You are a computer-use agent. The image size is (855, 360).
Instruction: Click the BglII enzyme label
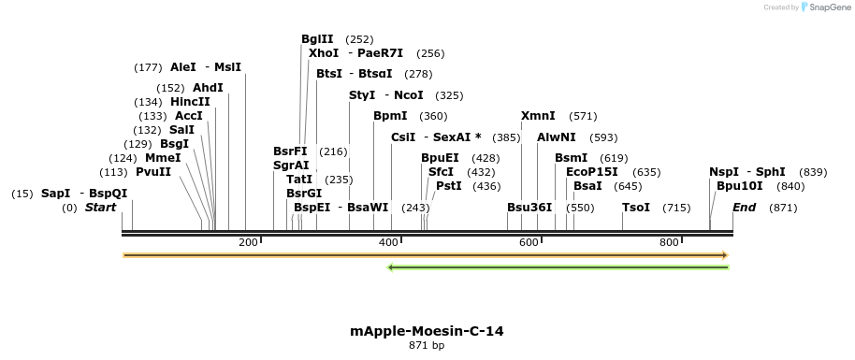[317, 39]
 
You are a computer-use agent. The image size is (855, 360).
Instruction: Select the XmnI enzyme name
[538, 116]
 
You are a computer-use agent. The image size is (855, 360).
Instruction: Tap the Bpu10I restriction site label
[739, 186]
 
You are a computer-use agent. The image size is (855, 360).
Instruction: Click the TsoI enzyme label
[635, 208]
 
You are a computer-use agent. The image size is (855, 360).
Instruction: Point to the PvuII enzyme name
[153, 172]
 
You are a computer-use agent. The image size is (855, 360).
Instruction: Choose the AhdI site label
[208, 88]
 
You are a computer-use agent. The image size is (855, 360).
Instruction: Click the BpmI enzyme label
[390, 116]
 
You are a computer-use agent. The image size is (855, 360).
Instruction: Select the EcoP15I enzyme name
[592, 172]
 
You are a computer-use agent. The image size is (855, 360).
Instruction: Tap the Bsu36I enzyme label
[529, 208]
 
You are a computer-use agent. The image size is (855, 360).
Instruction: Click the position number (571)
[583, 116]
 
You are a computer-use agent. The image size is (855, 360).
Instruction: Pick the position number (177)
[148, 67]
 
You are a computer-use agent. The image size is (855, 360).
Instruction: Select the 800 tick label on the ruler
[669, 243]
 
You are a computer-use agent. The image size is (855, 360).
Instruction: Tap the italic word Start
[100, 208]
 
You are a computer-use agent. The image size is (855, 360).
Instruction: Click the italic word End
[744, 208]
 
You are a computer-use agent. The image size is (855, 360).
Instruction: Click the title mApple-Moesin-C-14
[427, 331]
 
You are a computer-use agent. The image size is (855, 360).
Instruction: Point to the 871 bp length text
[427, 346]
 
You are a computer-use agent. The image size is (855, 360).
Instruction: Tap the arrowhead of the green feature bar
[391, 267]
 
